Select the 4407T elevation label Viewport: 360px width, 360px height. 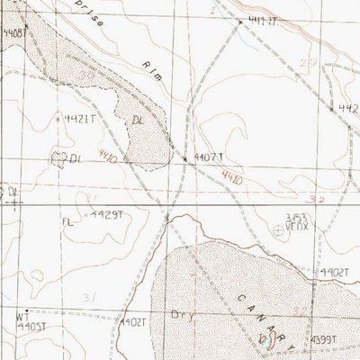click(206, 157)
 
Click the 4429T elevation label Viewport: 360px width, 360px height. click(104, 215)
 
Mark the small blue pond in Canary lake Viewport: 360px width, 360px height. click(268, 340)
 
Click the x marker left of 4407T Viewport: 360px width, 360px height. click(185, 158)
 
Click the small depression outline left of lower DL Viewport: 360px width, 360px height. click(61, 157)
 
